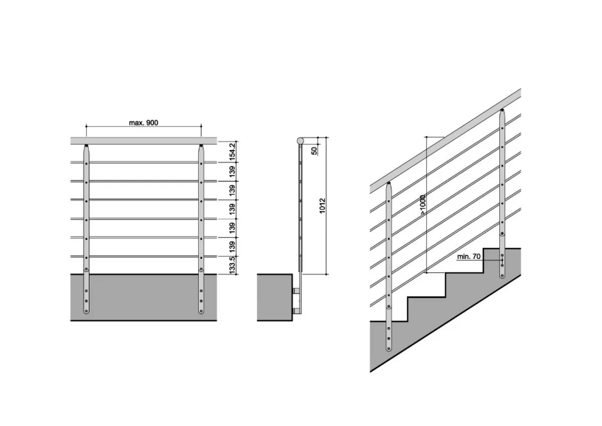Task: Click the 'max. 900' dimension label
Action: [x=143, y=123]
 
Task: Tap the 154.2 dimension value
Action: [x=232, y=152]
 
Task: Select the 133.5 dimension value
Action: [x=232, y=265]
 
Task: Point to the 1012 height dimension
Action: [x=323, y=205]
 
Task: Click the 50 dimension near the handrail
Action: [x=315, y=151]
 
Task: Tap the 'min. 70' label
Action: [x=469, y=257]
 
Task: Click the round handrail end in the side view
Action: [x=300, y=141]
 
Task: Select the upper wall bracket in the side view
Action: [x=296, y=292]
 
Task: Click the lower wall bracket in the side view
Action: [x=296, y=310]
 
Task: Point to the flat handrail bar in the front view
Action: [x=143, y=141]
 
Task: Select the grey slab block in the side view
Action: [x=275, y=297]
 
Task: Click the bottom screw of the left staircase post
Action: [x=389, y=348]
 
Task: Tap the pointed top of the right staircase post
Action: [x=502, y=111]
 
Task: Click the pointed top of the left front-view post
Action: [x=86, y=146]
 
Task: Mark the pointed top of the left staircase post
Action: [x=389, y=184]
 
